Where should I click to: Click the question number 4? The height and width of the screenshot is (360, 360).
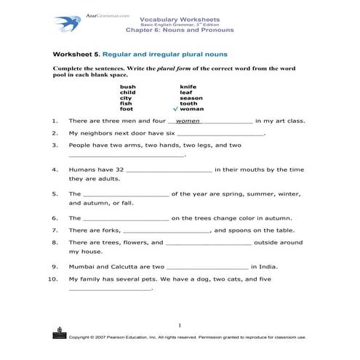click(55, 169)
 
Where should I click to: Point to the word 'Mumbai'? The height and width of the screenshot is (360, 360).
click(82, 266)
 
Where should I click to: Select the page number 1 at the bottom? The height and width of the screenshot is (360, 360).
click(179, 325)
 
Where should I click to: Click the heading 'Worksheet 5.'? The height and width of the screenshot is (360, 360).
click(76, 55)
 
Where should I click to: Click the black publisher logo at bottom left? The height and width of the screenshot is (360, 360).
click(58, 334)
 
